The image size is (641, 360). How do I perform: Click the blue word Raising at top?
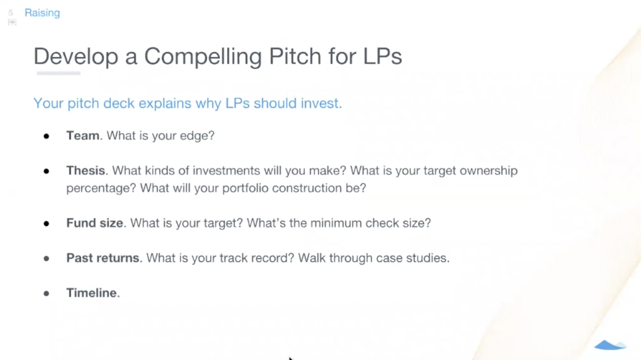(42, 13)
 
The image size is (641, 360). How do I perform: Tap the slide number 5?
(11, 13)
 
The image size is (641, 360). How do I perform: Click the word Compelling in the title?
(203, 57)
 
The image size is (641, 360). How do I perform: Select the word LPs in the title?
(382, 56)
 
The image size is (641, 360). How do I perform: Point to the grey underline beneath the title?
(58, 73)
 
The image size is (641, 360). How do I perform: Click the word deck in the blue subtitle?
(119, 103)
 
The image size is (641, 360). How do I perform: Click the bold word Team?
(83, 136)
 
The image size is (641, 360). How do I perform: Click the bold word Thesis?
(86, 171)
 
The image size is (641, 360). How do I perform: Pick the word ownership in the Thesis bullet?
(489, 171)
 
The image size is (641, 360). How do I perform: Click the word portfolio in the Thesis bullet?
(245, 188)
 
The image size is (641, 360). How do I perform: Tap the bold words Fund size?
(95, 223)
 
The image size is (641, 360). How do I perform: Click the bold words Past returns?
(103, 258)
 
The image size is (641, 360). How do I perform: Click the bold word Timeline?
(92, 293)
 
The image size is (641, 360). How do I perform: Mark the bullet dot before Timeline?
(46, 293)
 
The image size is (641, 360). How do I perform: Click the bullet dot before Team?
(46, 136)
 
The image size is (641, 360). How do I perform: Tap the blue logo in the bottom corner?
(610, 345)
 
